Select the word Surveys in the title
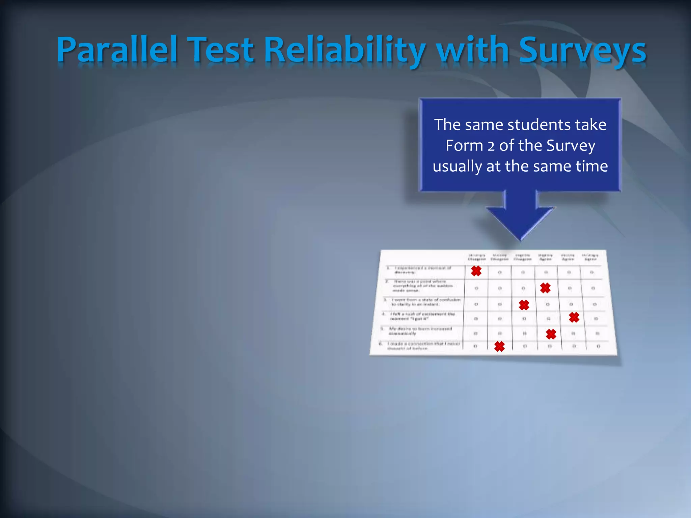pos(582,51)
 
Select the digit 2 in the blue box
pos(491,146)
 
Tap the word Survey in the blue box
pos(571,146)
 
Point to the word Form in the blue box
pos(464,146)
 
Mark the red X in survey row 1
pos(476,271)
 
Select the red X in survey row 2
pos(545,288)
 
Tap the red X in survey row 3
pos(524,305)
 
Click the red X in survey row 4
pos(574,317)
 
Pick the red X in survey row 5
pos(551,334)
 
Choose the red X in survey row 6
pos(499,346)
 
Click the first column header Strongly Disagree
pos(477,257)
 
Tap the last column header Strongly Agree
pos(590,257)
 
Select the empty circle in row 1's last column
pos(592,272)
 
